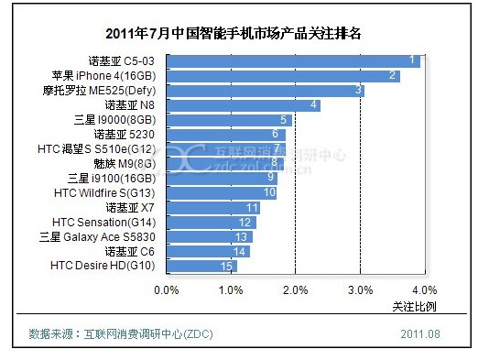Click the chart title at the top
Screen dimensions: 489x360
(234, 33)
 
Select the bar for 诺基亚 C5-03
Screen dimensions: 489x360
(293, 61)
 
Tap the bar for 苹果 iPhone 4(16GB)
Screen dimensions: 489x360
(284, 76)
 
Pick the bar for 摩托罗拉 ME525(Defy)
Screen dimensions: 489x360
(266, 91)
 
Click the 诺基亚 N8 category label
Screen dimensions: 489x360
(129, 105)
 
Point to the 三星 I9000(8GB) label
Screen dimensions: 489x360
(114, 120)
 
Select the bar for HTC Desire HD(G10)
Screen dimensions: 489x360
(201, 266)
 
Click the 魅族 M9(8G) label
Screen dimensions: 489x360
(125, 164)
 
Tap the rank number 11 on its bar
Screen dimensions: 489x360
(252, 208)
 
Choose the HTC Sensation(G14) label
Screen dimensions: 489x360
(103, 223)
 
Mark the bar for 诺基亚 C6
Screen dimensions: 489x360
(208, 251)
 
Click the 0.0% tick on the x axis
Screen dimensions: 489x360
(167, 290)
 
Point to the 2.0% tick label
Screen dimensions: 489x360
(296, 290)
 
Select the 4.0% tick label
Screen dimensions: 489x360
(425, 290)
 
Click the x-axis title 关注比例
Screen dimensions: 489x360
(414, 307)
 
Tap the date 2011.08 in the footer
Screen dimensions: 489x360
(420, 334)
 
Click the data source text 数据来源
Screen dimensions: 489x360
(50, 334)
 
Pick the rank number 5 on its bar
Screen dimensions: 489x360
(283, 120)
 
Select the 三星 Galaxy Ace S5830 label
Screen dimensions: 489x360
(97, 237)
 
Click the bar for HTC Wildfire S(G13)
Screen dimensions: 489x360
(222, 193)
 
